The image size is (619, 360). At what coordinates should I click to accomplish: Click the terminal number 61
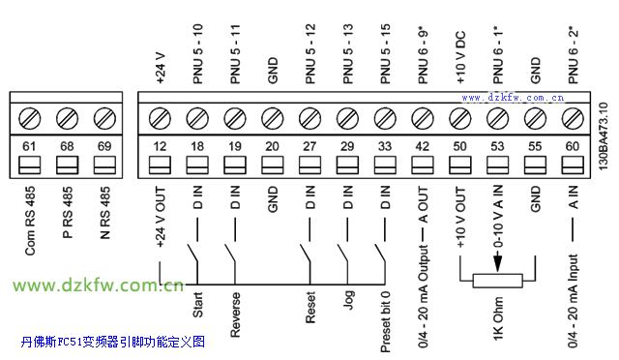[x=29, y=146]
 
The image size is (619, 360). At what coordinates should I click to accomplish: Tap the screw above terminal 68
[x=67, y=118]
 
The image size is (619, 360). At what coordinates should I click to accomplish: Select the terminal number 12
[x=160, y=146]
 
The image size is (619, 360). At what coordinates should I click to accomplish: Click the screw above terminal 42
[x=423, y=118]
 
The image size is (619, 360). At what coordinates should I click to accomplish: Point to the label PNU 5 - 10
[x=197, y=54]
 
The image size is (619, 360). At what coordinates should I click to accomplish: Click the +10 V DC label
[x=460, y=58]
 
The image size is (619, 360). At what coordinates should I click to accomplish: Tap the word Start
[x=197, y=305]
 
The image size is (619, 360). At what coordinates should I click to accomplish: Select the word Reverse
[x=235, y=315]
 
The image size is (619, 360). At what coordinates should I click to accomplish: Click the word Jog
[x=348, y=300]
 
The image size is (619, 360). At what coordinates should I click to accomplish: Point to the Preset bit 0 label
[x=385, y=321]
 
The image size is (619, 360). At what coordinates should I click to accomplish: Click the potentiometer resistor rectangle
[x=498, y=281]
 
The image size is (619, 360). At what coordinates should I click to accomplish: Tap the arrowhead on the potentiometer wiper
[x=497, y=263]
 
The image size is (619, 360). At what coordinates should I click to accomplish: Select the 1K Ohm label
[x=498, y=318]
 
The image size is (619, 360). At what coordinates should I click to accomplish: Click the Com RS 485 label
[x=30, y=221]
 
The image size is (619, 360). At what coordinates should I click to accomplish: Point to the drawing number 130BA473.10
[x=604, y=135]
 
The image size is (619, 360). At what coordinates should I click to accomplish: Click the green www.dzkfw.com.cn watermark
[x=98, y=285]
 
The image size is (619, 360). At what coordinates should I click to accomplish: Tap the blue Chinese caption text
[x=113, y=342]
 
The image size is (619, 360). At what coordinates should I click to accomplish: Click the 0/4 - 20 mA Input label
[x=574, y=301]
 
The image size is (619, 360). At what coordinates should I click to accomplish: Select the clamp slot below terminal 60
[x=573, y=165]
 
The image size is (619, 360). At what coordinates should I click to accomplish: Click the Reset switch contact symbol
[x=306, y=254]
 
